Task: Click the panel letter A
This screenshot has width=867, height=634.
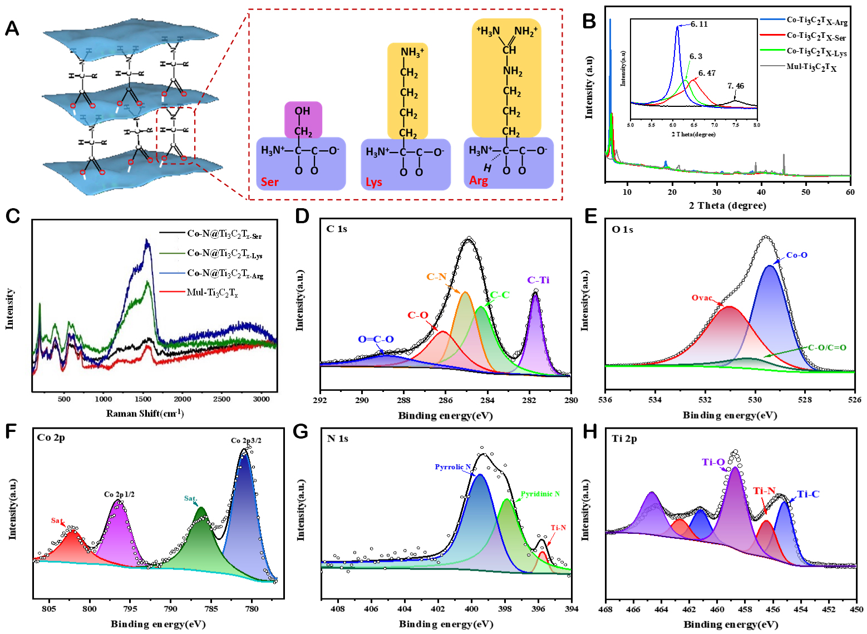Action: click(x=12, y=28)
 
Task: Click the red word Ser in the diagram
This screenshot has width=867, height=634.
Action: click(x=270, y=181)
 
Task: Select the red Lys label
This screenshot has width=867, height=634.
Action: click(x=374, y=182)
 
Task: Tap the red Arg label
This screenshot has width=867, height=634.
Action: click(x=479, y=180)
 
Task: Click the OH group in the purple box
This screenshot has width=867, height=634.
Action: click(x=302, y=111)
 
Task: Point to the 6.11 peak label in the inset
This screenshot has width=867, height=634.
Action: click(x=699, y=24)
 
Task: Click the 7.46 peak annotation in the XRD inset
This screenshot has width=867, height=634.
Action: click(x=735, y=86)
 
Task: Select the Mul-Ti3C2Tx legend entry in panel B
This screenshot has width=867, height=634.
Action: click(x=811, y=67)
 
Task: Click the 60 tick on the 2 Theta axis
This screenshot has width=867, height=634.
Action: click(x=850, y=192)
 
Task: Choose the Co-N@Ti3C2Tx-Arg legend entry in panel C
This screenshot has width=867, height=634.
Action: click(x=225, y=273)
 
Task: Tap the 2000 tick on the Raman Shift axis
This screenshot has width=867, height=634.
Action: click(x=182, y=399)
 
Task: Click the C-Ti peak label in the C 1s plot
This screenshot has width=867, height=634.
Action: click(x=538, y=280)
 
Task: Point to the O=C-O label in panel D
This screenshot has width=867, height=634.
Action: click(x=376, y=339)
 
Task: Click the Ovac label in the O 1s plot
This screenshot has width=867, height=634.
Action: click(x=702, y=298)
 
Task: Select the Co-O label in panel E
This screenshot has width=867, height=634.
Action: click(x=796, y=255)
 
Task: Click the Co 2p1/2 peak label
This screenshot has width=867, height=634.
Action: click(x=119, y=494)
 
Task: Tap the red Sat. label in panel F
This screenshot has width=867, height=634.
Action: click(x=57, y=520)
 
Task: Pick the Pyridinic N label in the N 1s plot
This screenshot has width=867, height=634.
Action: click(x=540, y=494)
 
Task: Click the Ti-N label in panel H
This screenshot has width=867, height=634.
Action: click(x=764, y=490)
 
